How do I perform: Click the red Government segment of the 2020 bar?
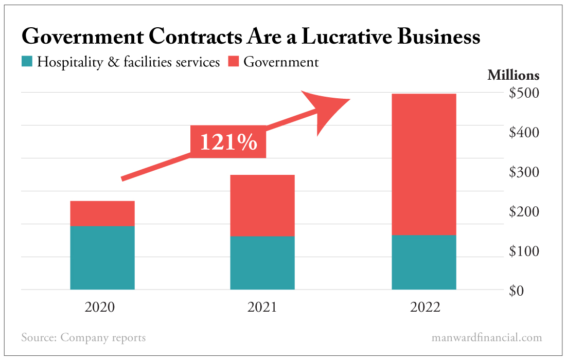tap(102, 213)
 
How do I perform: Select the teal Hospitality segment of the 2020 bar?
tap(102, 258)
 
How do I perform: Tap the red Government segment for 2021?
tap(262, 205)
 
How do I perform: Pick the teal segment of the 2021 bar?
tap(262, 263)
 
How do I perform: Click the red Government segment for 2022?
tap(424, 164)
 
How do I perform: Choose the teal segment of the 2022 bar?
tap(424, 262)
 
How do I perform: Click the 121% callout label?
tap(228, 141)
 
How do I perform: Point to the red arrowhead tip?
tap(349, 100)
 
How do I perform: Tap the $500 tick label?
tap(524, 93)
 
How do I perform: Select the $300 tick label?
tap(524, 172)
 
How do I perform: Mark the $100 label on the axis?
tap(524, 251)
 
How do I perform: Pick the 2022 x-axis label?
tap(425, 308)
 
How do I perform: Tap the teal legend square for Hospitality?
tap(27, 62)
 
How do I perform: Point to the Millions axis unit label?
tap(513, 75)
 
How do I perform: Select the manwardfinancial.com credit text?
tap(487, 338)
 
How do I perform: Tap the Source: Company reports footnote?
tap(83, 338)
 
